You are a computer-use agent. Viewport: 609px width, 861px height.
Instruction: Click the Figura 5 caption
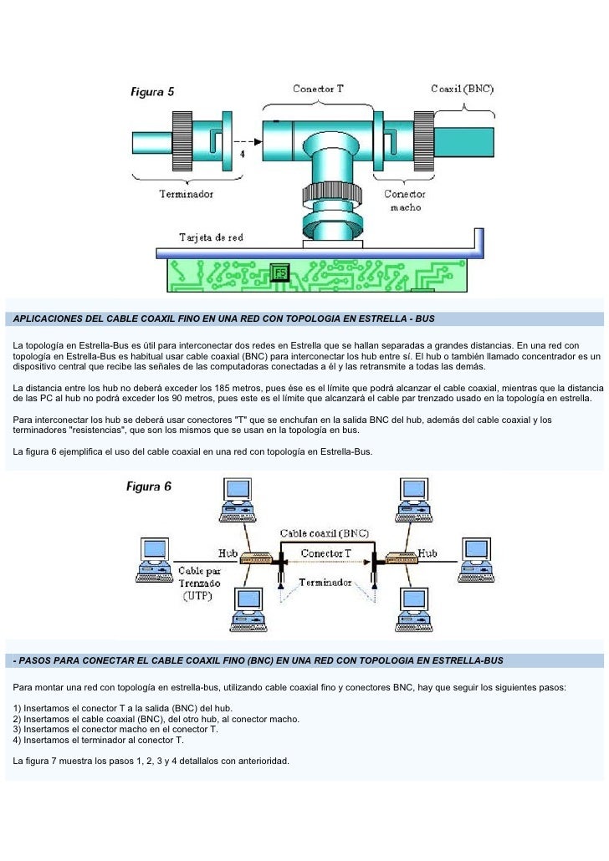pos(152,93)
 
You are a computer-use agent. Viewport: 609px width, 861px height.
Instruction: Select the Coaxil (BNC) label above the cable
pos(462,89)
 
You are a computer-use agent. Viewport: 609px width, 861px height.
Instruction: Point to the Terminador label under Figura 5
pos(187,194)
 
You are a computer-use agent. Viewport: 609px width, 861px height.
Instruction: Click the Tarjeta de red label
pos(211,237)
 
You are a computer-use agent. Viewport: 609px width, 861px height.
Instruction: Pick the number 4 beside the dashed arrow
pos(243,155)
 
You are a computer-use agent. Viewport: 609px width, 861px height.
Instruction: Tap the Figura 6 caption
pos(149,487)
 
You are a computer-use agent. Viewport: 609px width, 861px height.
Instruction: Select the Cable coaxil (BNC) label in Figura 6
pos(324,532)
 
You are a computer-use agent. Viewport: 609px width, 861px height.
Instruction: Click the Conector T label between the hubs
pos(326,553)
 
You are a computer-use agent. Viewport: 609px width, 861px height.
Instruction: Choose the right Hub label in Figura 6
pos(428,553)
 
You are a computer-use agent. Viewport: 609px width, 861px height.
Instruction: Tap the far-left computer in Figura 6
pos(154,559)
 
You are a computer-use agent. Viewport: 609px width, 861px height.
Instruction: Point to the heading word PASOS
pos(33,660)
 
